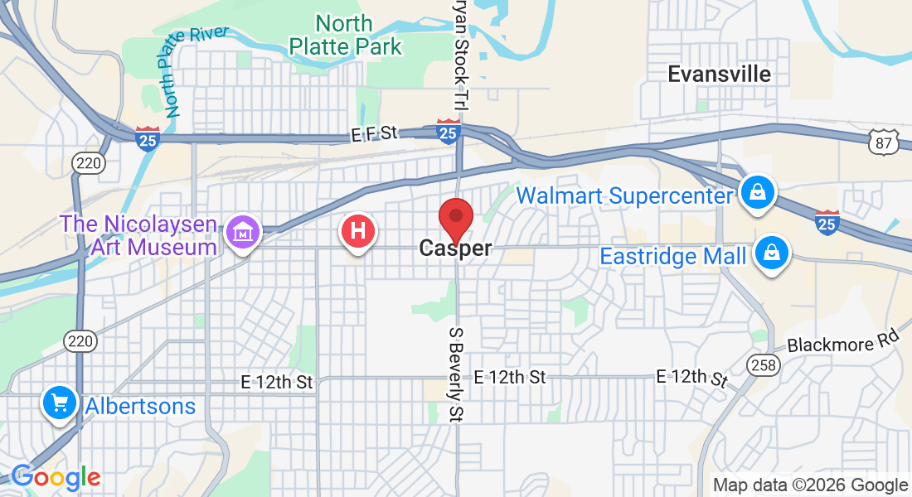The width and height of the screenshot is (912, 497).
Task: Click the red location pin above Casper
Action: point(455,218)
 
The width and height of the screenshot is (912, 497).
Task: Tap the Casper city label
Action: point(455,248)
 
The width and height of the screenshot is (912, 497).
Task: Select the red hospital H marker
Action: point(358,230)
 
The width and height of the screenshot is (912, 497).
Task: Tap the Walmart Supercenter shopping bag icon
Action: point(758,193)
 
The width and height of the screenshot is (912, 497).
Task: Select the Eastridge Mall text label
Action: point(672,256)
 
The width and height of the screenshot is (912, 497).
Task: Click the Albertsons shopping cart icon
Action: point(60,403)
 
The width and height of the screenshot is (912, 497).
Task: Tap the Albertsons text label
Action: point(140,406)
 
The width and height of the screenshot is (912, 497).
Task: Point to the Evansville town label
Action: point(719,74)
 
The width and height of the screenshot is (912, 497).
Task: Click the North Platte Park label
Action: point(346,34)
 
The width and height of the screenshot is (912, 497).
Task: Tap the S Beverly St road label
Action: point(455,373)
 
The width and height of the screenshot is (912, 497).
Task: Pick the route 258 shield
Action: point(761,364)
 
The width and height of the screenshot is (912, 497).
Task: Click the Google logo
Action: point(56,477)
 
